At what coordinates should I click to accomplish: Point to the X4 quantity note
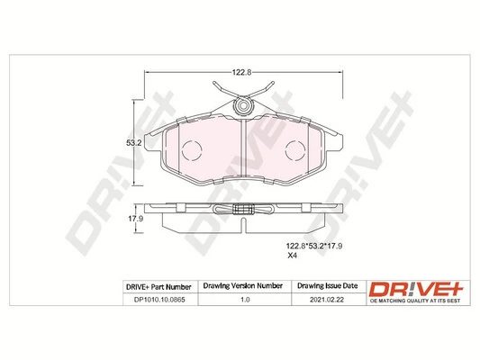(x=291, y=256)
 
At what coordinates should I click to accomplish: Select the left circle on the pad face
(x=192, y=150)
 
